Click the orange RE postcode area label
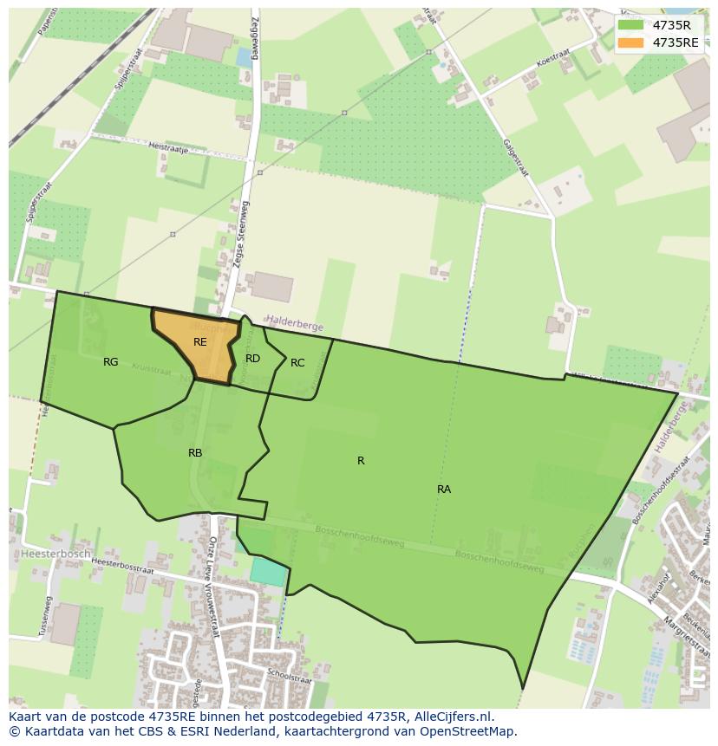[x=199, y=342]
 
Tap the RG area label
[x=110, y=362]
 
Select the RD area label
[x=252, y=358]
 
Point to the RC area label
[x=297, y=363]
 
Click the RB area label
[x=195, y=453]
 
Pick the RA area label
[x=443, y=490]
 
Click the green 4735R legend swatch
[x=630, y=25]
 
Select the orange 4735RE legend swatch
[x=630, y=42]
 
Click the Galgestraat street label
[x=515, y=155]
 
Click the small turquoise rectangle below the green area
[x=266, y=571]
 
